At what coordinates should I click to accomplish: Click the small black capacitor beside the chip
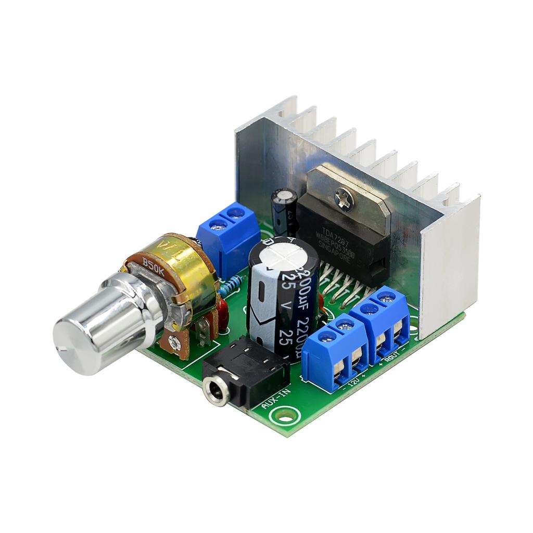pos(284,208)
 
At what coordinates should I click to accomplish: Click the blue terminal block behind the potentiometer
pos(229,237)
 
